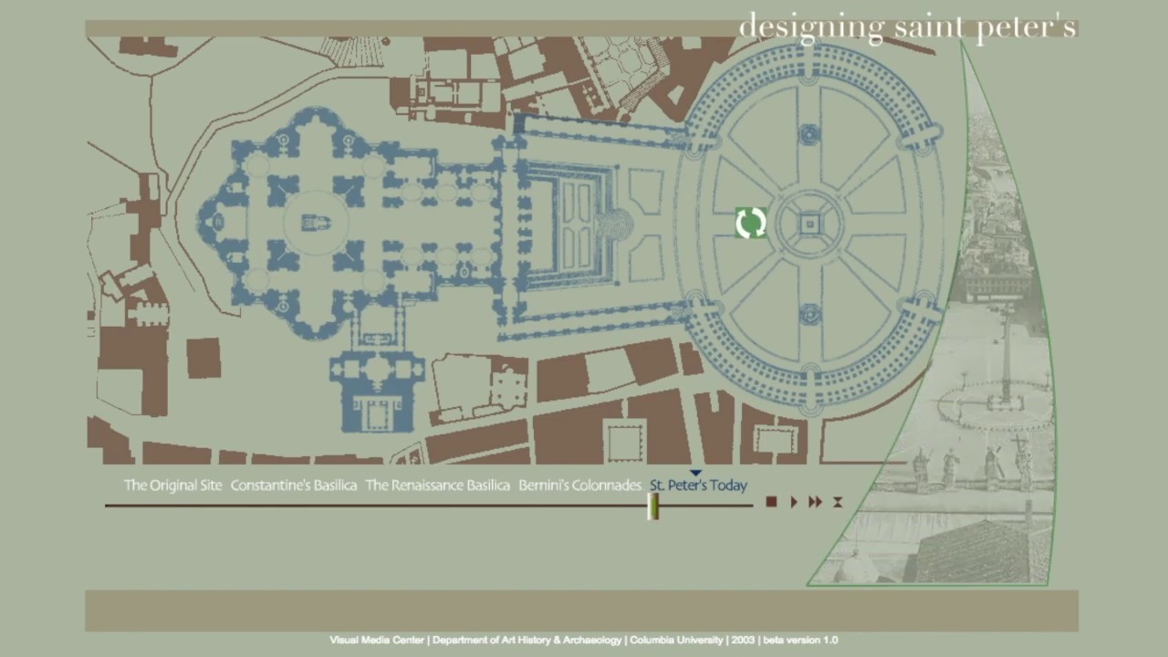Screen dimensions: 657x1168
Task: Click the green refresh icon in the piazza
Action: pos(750,224)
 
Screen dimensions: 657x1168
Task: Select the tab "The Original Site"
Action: pos(172,485)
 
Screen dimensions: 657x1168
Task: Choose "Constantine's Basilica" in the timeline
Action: pos(293,485)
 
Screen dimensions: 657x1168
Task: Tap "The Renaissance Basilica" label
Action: pos(437,485)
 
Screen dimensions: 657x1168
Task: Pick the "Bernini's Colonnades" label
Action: pos(579,485)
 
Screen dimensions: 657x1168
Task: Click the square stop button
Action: pos(771,502)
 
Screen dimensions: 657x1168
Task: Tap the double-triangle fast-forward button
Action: pos(815,502)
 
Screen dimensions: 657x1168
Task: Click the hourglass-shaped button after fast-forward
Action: pos(837,502)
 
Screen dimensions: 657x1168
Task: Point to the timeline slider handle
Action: pos(653,507)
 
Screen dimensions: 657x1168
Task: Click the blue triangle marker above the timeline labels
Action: pos(695,473)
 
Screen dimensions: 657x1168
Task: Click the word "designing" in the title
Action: pos(809,27)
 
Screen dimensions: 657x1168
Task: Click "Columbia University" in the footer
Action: pos(676,640)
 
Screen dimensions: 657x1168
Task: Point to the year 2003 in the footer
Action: pos(743,640)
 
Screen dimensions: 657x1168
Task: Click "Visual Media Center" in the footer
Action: pos(377,640)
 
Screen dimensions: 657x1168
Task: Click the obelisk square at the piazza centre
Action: pos(810,224)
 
